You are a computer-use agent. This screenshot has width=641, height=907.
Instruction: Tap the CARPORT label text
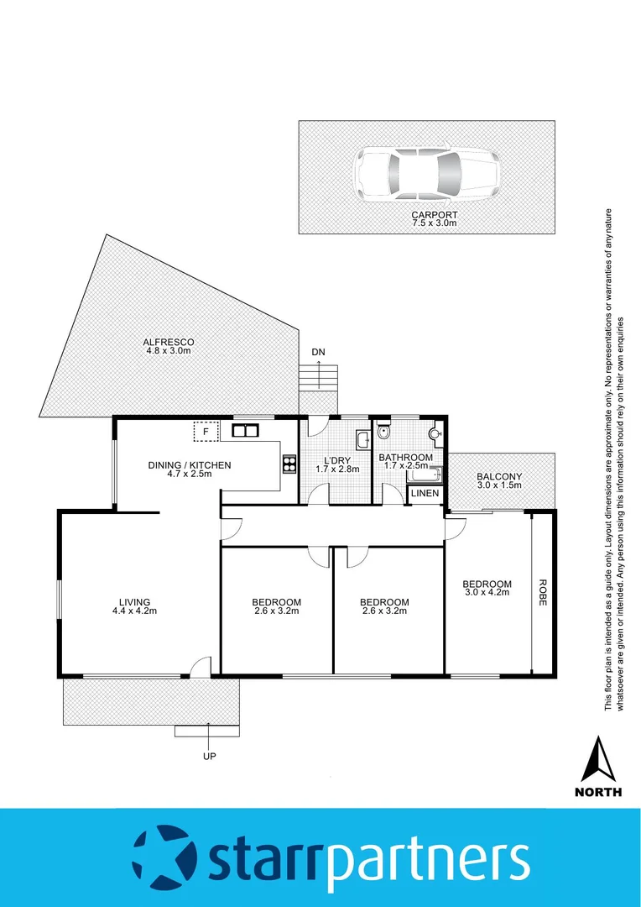434,215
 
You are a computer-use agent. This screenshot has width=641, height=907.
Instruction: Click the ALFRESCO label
169,342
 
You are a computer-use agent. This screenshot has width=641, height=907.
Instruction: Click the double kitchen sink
246,432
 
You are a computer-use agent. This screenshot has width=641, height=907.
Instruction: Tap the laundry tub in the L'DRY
362,440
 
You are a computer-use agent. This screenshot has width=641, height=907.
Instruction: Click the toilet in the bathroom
383,433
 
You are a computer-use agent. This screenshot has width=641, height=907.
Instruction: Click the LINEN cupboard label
424,494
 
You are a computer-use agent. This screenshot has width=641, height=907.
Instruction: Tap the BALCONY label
499,475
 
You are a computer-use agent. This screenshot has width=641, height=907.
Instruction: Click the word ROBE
543,593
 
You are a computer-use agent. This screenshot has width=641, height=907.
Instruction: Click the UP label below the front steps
209,757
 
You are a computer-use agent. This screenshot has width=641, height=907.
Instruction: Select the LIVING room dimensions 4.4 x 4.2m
134,611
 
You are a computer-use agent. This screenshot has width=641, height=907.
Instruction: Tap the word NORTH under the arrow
598,791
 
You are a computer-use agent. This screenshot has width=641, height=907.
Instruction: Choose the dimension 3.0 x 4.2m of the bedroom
487,595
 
